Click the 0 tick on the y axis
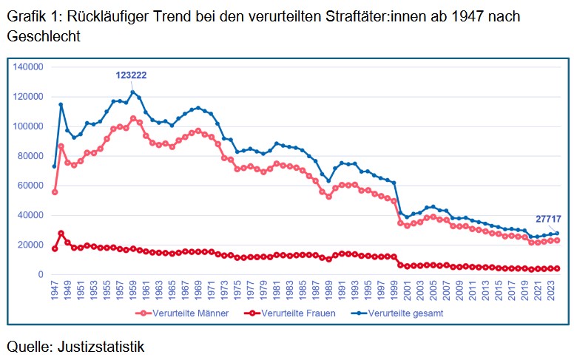tap(42, 274)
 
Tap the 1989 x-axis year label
tap(328, 291)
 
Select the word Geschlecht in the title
tap(42, 35)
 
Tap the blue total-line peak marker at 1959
tap(133, 92)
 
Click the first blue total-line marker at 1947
tap(55, 166)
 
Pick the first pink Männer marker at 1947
tap(55, 191)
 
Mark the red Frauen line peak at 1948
tap(61, 233)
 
